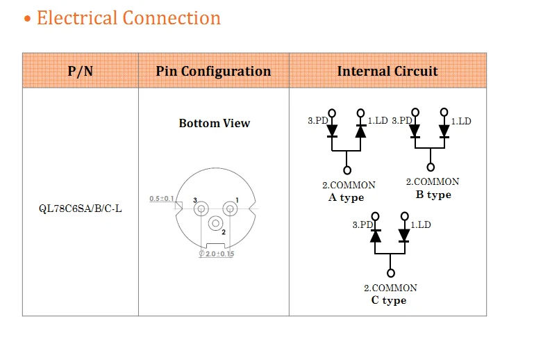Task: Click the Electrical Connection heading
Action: point(128,18)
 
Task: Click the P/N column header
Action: point(81,71)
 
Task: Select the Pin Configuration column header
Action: point(213,71)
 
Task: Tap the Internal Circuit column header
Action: point(387,71)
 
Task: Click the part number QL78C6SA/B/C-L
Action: point(81,208)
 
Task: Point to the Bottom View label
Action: point(214,123)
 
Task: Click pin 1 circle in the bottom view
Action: point(228,208)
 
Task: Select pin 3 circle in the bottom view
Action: point(201,208)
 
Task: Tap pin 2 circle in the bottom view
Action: point(215,223)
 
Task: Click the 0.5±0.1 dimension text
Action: point(162,199)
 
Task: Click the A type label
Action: point(346,197)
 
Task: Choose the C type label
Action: point(389,300)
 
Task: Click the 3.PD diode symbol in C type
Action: point(376,235)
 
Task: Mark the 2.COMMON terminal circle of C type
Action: point(391,274)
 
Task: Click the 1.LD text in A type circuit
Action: point(378,120)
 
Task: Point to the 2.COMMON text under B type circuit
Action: point(433,182)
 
